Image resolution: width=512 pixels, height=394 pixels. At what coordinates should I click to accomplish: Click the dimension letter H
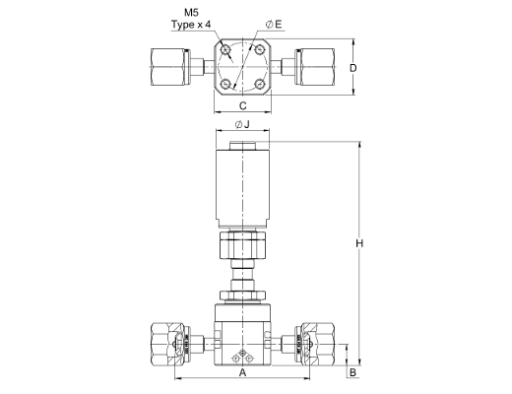coord(359,243)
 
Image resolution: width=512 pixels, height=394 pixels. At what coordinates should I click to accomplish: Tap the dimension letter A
coord(242,372)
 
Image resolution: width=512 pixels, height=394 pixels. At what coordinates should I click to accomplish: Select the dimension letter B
coord(352,372)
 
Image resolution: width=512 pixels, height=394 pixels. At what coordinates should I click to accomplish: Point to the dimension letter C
coord(242,105)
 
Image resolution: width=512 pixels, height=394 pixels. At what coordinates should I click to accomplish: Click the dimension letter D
coord(352,68)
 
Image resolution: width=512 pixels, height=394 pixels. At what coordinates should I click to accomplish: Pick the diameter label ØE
coord(274,25)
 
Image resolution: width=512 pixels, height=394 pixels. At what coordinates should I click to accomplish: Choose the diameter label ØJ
coord(242,124)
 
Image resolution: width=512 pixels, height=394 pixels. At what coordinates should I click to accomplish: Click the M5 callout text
coord(191,13)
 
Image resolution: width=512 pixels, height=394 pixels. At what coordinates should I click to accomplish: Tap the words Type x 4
coord(191,25)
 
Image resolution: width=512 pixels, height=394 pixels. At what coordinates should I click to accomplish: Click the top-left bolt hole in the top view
coord(225,50)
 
